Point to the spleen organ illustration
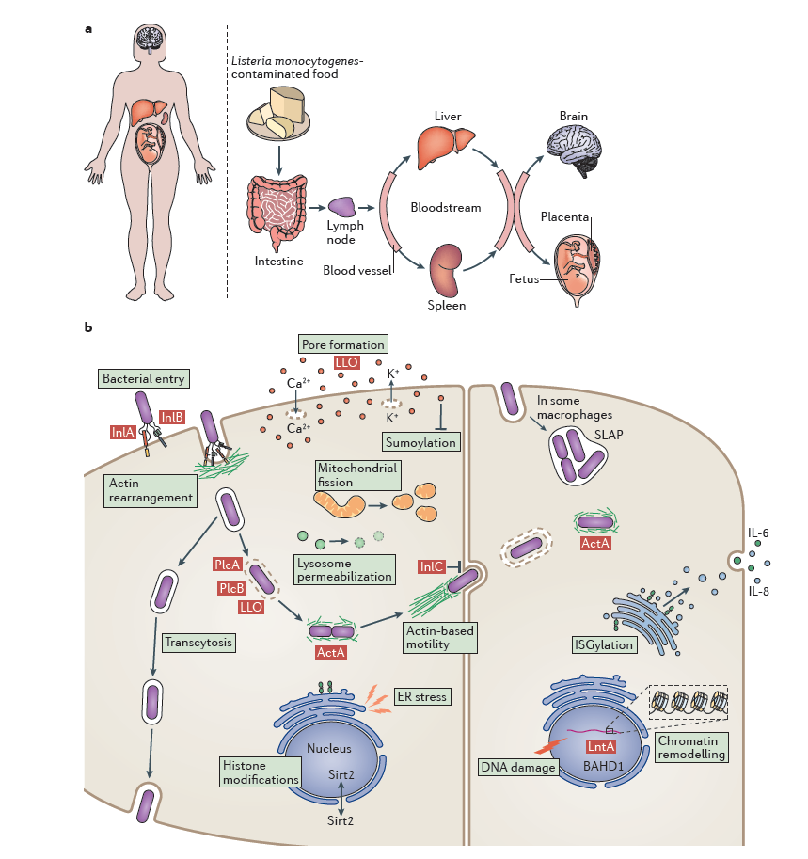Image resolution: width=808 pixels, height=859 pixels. coord(445,268)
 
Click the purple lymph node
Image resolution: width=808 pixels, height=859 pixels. coord(342,207)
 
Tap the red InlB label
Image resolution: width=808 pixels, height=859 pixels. coord(172,417)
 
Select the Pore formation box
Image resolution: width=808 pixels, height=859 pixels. coord(342,344)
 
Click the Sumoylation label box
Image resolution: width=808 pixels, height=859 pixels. coord(420,441)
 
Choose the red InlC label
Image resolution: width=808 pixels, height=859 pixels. coord(431,566)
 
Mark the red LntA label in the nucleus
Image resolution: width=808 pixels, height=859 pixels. coord(600,746)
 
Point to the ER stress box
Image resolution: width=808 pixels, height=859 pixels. coord(421,696)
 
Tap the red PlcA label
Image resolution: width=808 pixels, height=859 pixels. coord(226,565)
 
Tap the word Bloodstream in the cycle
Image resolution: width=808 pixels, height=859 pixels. coord(445,207)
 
